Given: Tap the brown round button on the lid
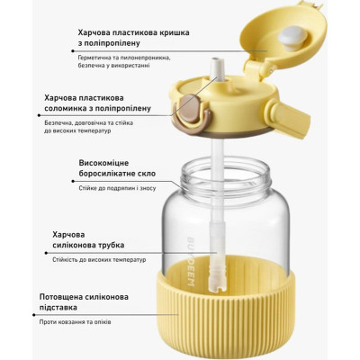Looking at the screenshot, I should click(x=190, y=109).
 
